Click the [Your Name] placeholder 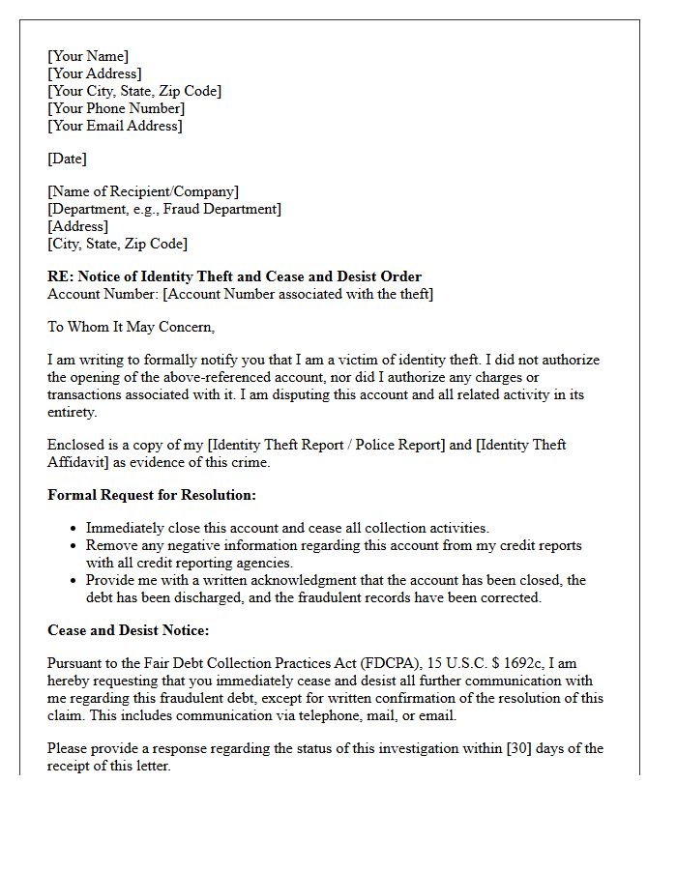tap(88, 56)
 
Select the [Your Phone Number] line tap(116, 108)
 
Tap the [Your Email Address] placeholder tap(115, 126)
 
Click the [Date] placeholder tap(67, 159)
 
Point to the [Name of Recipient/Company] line tap(143, 191)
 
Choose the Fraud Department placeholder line tap(164, 209)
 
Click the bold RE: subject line tap(234, 276)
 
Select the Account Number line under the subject tap(240, 294)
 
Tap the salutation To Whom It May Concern tap(131, 327)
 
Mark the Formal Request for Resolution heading tap(152, 495)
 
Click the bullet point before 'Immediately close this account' tap(74, 529)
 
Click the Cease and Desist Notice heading tap(128, 630)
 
